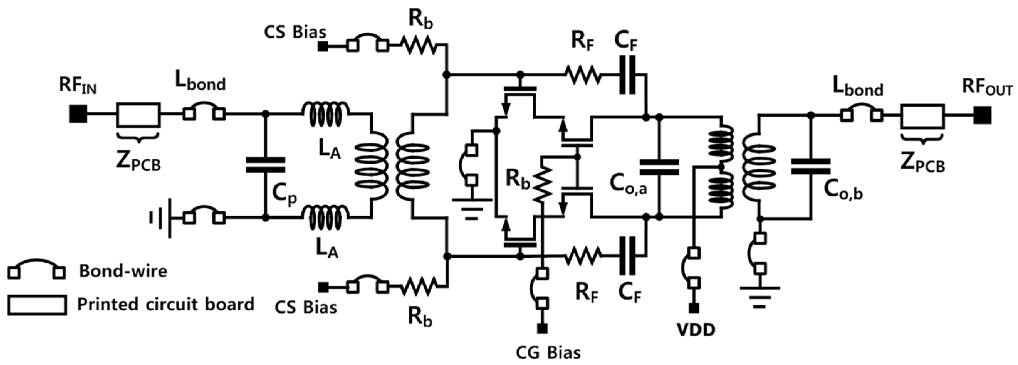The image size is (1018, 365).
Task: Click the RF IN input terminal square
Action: (78, 115)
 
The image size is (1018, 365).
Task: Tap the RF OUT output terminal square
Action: (982, 115)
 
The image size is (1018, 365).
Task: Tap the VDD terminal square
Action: (694, 308)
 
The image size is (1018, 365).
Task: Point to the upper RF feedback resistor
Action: (582, 74)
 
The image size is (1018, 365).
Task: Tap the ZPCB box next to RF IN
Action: (138, 115)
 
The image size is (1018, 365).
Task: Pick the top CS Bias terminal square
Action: (323, 47)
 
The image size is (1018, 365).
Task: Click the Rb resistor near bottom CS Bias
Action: (419, 287)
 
